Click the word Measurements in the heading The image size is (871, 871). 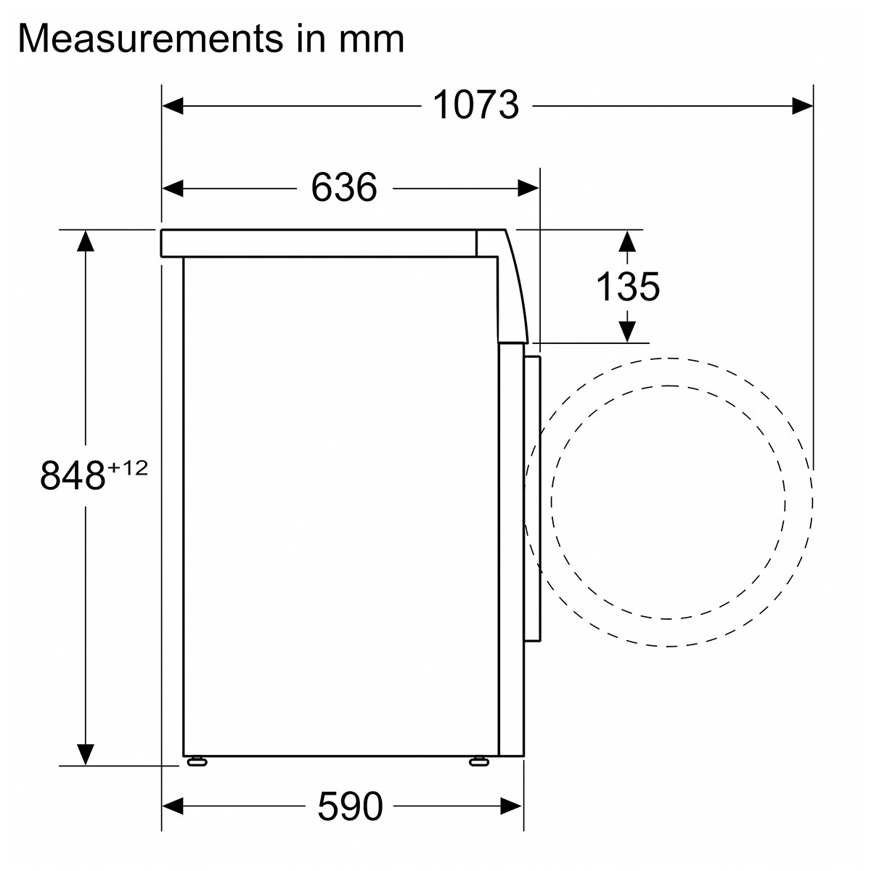150,38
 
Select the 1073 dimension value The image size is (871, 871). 476,105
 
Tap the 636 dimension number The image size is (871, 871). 343,187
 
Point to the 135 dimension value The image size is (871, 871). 628,287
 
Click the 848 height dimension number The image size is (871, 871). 73,475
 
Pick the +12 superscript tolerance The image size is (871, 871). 127,468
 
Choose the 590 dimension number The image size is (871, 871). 351,807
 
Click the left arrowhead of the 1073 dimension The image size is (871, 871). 173,106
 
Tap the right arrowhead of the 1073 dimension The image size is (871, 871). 802,106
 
